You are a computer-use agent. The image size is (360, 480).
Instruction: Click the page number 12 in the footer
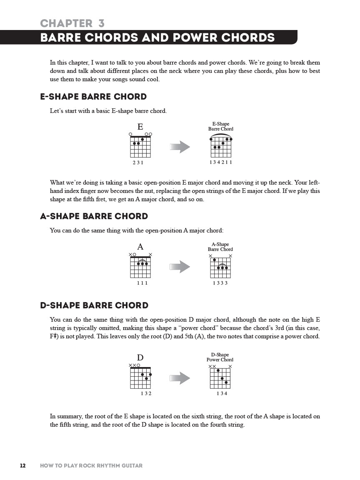coord(22,465)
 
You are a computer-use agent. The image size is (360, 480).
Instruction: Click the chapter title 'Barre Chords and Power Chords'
coord(157,38)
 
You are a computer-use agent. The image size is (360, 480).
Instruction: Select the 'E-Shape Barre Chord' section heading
coord(93,97)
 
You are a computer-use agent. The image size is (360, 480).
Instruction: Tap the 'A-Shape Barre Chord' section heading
coord(94,216)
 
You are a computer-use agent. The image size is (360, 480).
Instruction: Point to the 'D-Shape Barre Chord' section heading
coord(94,305)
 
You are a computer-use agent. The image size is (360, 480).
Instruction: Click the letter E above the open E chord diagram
coord(140,127)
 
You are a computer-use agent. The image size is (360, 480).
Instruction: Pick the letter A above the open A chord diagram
coord(140,247)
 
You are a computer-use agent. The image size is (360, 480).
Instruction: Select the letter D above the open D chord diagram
coord(140,357)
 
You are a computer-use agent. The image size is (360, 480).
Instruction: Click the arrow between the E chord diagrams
coord(180,147)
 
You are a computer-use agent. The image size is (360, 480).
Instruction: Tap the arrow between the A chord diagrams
coord(180,267)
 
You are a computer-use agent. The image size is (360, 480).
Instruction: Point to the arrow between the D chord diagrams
coord(180,378)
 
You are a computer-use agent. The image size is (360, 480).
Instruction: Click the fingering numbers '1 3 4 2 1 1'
coord(221,162)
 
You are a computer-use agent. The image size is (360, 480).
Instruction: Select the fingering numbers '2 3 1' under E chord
coord(138,162)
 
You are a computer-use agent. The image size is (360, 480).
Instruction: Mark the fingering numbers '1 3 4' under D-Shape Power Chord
coord(222,394)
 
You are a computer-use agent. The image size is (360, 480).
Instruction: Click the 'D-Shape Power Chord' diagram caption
coord(220,357)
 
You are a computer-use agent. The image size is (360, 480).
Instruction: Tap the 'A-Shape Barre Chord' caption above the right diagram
coord(220,247)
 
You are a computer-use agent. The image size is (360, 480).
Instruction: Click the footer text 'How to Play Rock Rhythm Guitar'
coord(91,465)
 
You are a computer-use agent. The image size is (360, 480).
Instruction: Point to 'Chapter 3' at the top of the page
coord(72,23)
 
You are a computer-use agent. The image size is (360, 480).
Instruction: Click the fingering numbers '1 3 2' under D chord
coord(146,394)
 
